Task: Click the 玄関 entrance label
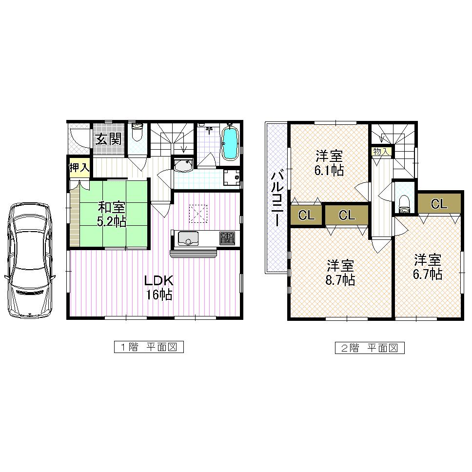point(108,139)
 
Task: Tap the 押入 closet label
point(79,168)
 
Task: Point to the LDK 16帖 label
point(158,288)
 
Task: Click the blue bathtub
point(229,142)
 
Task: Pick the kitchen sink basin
point(188,238)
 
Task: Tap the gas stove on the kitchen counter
point(227,238)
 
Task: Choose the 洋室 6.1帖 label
point(329,163)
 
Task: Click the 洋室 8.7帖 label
point(340,273)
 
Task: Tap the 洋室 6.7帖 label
point(428,266)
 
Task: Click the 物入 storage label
point(381,152)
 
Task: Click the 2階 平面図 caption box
point(369,348)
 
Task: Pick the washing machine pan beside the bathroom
point(232,177)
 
